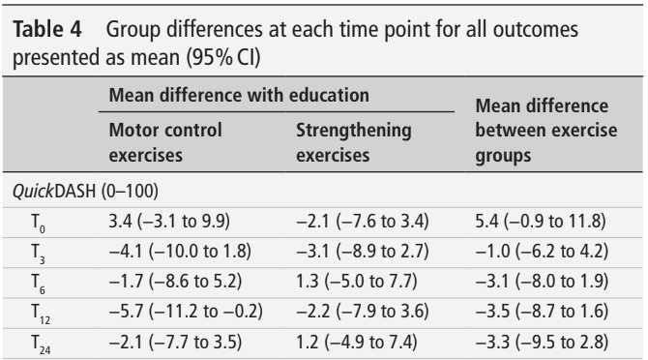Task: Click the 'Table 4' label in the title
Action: pyautogui.click(x=47, y=29)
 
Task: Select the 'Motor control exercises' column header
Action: pyautogui.click(x=165, y=142)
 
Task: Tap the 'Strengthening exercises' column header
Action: pyautogui.click(x=354, y=142)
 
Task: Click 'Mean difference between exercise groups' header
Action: pyautogui.click(x=546, y=131)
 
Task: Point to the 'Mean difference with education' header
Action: pyautogui.click(x=239, y=95)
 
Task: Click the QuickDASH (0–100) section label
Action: pyautogui.click(x=85, y=191)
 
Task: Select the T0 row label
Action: pyautogui.click(x=38, y=223)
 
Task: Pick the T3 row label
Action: pyautogui.click(x=38, y=253)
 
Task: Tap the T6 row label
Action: pyautogui.click(x=38, y=284)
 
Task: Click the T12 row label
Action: pyautogui.click(x=41, y=314)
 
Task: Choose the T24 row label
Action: pyautogui.click(x=41, y=345)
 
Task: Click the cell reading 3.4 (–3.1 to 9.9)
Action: pyautogui.click(x=169, y=221)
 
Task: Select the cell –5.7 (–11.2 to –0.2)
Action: pyautogui.click(x=186, y=312)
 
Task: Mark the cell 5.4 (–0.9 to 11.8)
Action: pyautogui.click(x=541, y=221)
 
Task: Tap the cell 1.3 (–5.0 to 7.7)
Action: pyautogui.click(x=357, y=282)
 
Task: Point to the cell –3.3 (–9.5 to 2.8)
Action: pyautogui.click(x=543, y=343)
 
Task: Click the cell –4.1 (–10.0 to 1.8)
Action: pyautogui.click(x=180, y=252)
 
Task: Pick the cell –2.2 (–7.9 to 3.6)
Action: pyautogui.click(x=363, y=312)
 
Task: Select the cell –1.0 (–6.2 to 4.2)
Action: pyautogui.click(x=543, y=252)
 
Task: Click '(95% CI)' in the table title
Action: pyautogui.click(x=223, y=57)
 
